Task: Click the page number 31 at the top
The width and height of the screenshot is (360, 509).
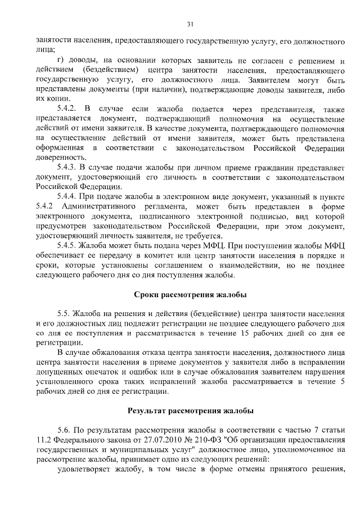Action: [190, 24]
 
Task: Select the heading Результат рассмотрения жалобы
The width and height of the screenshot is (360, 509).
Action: [190, 411]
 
